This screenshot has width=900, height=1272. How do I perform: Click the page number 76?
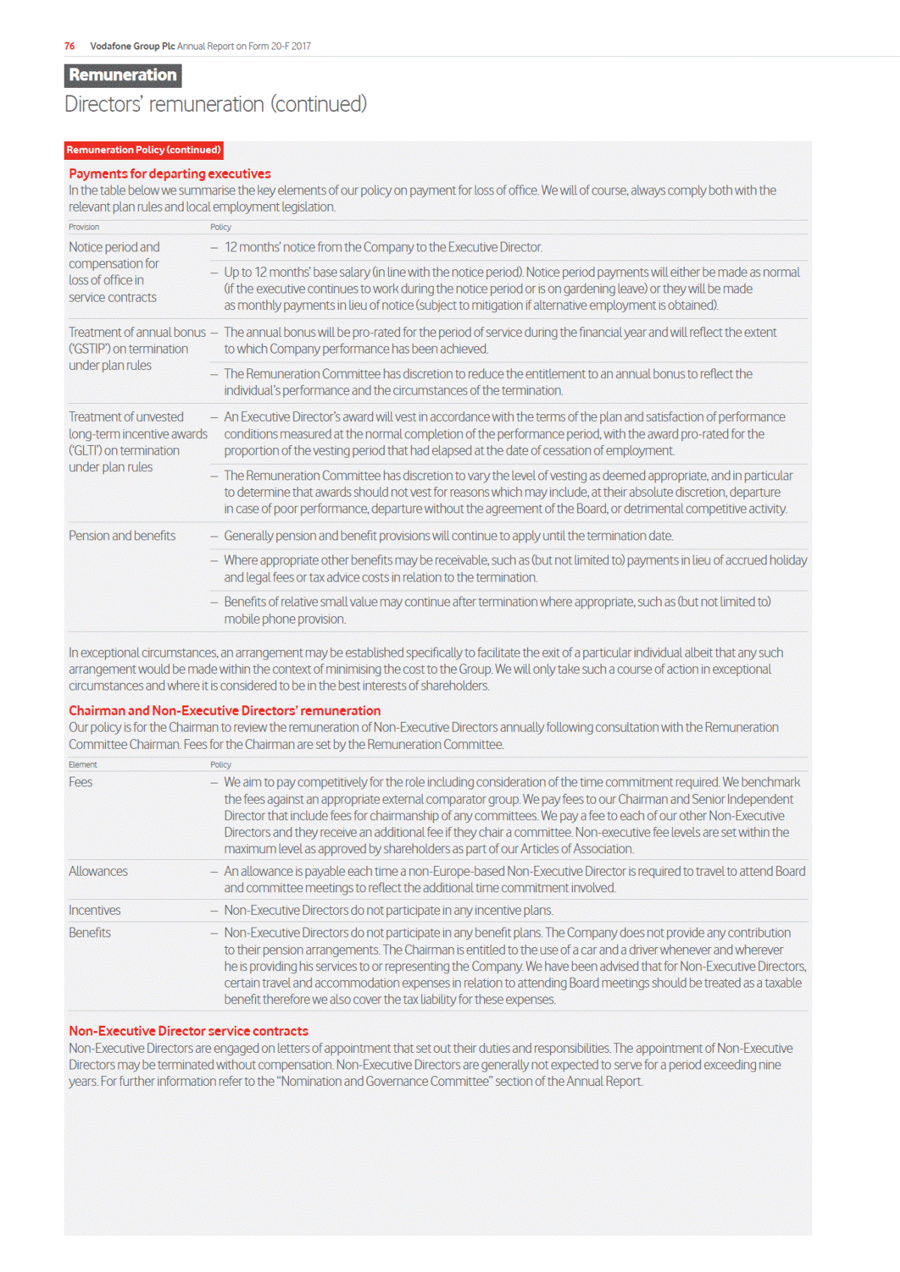click(69, 46)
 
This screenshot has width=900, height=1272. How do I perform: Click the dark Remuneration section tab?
click(123, 75)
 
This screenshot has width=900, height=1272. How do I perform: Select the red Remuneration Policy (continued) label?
click(143, 150)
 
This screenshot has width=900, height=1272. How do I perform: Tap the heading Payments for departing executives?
click(170, 173)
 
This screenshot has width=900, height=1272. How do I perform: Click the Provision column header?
click(84, 227)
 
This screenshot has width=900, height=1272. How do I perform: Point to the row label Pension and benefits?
click(122, 536)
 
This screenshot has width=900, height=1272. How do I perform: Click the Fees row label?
click(80, 782)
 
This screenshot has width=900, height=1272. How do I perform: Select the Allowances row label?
click(98, 871)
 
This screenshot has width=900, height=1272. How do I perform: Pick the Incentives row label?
click(95, 910)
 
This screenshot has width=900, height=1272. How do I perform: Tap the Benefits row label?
click(90, 933)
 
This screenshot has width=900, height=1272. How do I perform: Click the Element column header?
click(83, 765)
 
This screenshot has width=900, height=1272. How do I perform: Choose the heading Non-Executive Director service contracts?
click(188, 1031)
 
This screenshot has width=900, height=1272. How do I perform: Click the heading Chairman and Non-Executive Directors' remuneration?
click(224, 711)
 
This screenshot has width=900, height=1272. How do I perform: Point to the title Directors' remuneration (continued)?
click(215, 104)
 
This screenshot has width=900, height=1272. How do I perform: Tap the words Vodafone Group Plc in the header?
click(132, 46)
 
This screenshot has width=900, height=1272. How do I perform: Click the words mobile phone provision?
click(284, 619)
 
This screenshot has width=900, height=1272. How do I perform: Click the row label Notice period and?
click(114, 247)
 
